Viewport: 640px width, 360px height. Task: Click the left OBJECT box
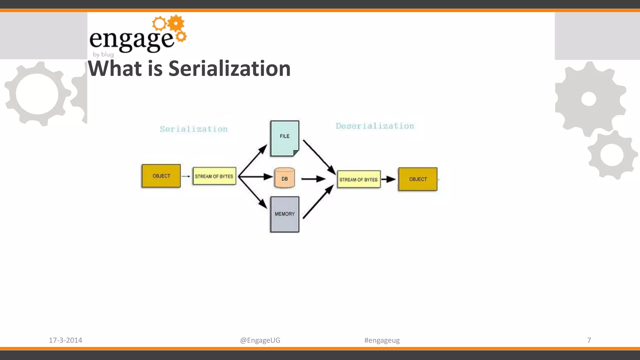tap(161, 176)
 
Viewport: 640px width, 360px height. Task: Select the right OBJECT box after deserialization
tap(418, 179)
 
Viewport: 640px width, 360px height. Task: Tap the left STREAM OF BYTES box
tap(214, 176)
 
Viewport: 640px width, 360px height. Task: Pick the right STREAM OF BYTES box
tap(359, 179)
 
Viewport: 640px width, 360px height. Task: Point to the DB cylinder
tap(284, 178)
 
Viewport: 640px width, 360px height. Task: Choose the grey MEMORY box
tap(284, 214)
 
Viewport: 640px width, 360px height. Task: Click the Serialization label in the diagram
tap(194, 129)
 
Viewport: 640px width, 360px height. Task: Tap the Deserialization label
tap(375, 126)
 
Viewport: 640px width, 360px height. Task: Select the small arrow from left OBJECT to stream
tap(186, 176)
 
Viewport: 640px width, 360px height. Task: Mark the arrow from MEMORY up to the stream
tap(318, 202)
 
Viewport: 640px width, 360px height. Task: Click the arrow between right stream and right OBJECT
tap(389, 179)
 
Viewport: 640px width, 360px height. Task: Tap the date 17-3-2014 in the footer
tap(65, 340)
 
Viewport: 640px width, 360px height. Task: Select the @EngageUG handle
tap(260, 340)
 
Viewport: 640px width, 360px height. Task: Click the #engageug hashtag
tap(382, 340)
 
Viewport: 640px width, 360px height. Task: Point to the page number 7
tap(589, 340)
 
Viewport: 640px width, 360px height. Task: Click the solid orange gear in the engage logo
tap(176, 23)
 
